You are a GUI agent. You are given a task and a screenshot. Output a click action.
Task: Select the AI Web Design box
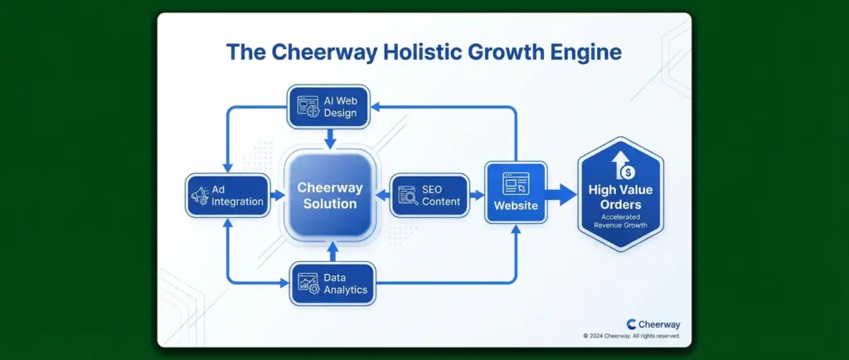click(328, 107)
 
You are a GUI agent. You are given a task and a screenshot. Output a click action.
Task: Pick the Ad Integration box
click(227, 196)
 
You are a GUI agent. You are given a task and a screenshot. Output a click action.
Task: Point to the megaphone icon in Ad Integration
click(199, 196)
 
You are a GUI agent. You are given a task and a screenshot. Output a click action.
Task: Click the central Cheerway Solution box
click(330, 196)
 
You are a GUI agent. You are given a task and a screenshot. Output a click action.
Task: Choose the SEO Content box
click(430, 196)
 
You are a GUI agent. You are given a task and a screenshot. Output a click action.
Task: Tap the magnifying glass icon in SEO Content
click(408, 196)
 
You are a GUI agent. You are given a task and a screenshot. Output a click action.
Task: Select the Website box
click(516, 192)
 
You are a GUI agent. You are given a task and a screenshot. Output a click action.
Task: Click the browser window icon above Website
click(516, 183)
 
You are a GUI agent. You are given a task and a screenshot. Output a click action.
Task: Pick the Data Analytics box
click(332, 284)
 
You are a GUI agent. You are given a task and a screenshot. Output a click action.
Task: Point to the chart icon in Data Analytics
click(308, 284)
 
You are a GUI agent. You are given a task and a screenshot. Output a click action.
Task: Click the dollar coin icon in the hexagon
click(628, 173)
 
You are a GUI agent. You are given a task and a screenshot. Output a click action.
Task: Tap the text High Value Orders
click(620, 197)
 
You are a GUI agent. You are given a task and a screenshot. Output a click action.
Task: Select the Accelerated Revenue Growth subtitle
click(620, 221)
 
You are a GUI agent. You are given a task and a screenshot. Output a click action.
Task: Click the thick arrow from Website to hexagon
click(562, 195)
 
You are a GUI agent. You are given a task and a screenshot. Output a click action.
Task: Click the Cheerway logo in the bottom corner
click(653, 324)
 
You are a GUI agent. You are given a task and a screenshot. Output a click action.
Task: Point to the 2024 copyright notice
click(631, 336)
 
